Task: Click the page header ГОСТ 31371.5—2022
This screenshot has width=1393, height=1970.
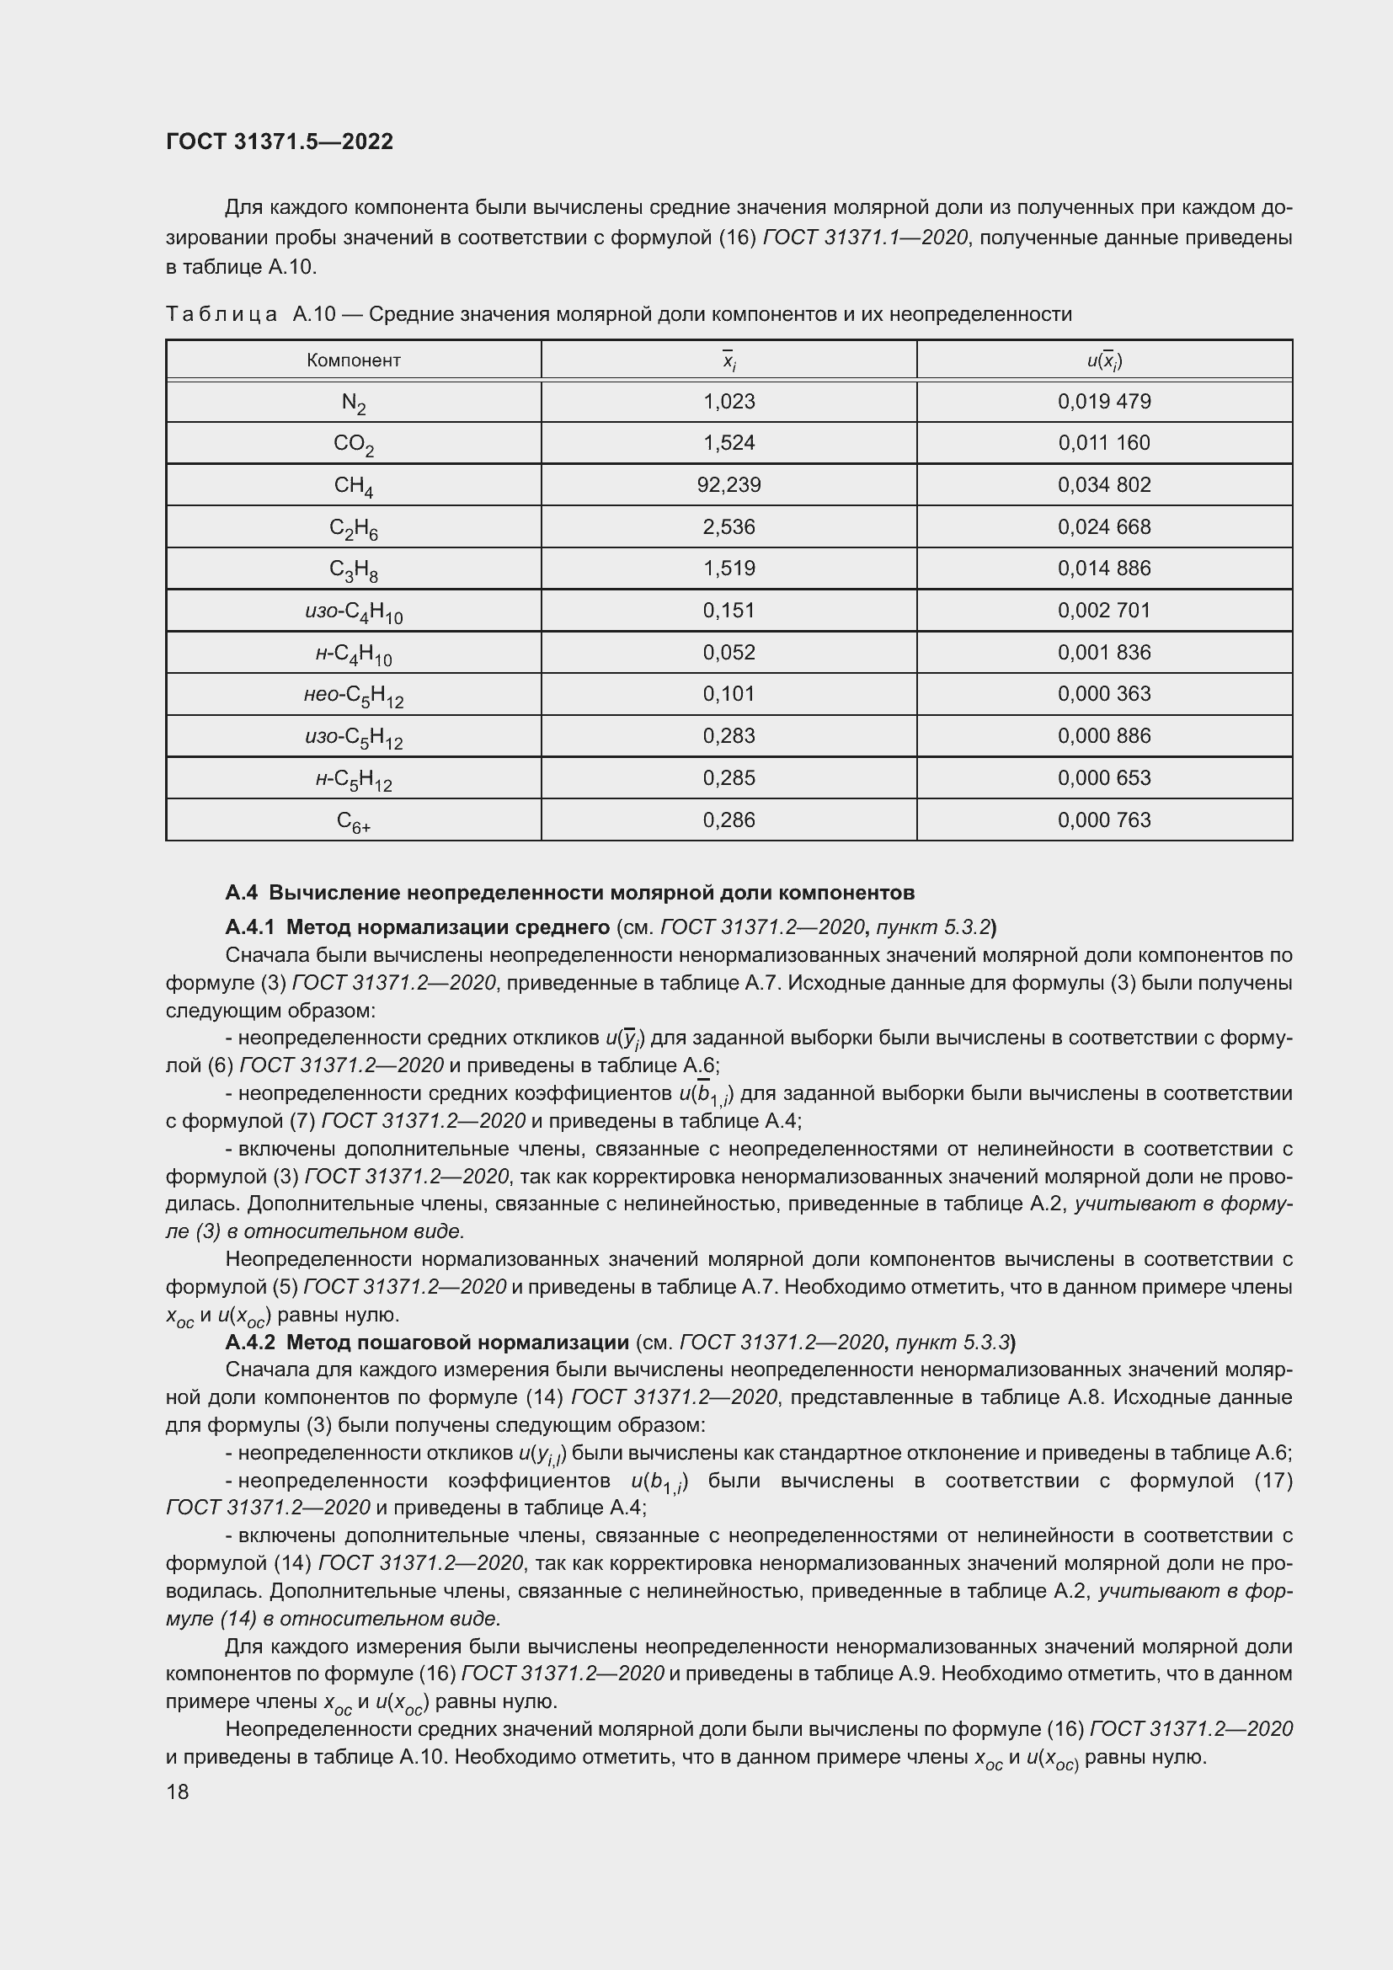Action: (280, 141)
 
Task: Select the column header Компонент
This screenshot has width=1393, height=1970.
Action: (354, 360)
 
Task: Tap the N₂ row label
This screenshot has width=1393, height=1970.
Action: (354, 403)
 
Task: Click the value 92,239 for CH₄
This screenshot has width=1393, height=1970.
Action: (729, 485)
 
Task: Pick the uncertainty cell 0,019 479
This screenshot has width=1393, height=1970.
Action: (1104, 402)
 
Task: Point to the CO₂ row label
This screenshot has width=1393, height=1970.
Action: (354, 445)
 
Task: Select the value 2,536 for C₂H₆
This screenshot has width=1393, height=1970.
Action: (729, 526)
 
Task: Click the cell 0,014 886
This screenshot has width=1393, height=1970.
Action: (1104, 568)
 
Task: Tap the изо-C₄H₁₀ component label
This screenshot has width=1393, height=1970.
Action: (354, 611)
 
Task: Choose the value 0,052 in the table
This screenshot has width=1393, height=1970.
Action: (729, 652)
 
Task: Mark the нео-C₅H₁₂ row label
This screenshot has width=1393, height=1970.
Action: (354, 695)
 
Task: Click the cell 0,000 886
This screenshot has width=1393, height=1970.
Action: (1104, 735)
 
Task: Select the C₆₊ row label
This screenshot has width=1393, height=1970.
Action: (354, 822)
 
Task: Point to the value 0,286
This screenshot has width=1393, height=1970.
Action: (729, 819)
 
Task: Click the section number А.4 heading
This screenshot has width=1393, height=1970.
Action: (241, 892)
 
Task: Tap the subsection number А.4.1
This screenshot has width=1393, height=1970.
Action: (249, 926)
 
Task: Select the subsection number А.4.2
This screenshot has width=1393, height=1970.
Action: (249, 1341)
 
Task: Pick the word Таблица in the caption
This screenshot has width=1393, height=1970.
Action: (221, 314)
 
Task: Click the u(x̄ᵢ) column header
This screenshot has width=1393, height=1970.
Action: (1104, 360)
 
